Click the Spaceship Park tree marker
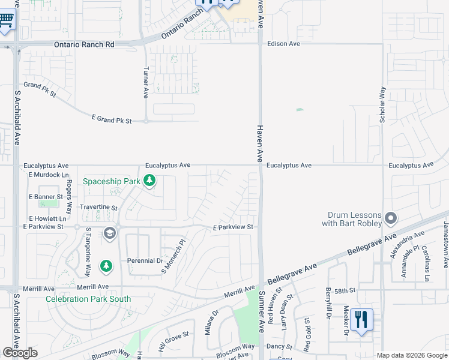[149, 181]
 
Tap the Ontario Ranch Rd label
[84, 44]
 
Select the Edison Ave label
[283, 44]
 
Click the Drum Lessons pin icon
[391, 217]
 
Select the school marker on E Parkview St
[109, 233]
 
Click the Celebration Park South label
[88, 299]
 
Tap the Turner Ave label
[145, 83]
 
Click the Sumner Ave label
[262, 312]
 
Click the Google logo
[20, 353]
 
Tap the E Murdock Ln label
[49, 175]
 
